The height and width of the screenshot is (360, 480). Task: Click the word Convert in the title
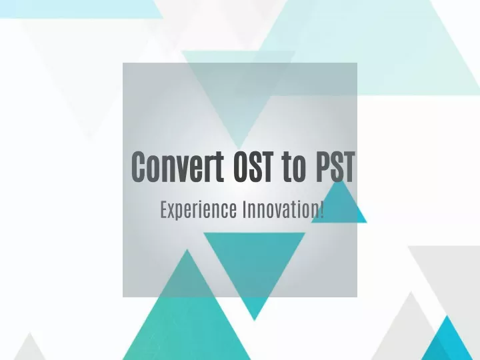(177, 166)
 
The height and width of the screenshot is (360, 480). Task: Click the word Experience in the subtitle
(199, 210)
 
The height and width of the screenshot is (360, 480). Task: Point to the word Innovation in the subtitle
(281, 210)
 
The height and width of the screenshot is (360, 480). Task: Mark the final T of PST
(348, 166)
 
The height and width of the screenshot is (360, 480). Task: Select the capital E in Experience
(164, 210)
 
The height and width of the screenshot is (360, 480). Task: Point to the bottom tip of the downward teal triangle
(255, 321)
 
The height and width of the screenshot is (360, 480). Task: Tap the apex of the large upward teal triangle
(187, 249)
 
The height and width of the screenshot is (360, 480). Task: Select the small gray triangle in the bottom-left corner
(30, 349)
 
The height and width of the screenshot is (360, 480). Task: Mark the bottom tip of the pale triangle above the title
(239, 149)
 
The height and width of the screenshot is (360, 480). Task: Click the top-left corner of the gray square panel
(123, 63)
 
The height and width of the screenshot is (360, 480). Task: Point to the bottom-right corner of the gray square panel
(357, 297)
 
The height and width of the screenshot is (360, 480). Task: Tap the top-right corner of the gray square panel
(357, 63)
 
